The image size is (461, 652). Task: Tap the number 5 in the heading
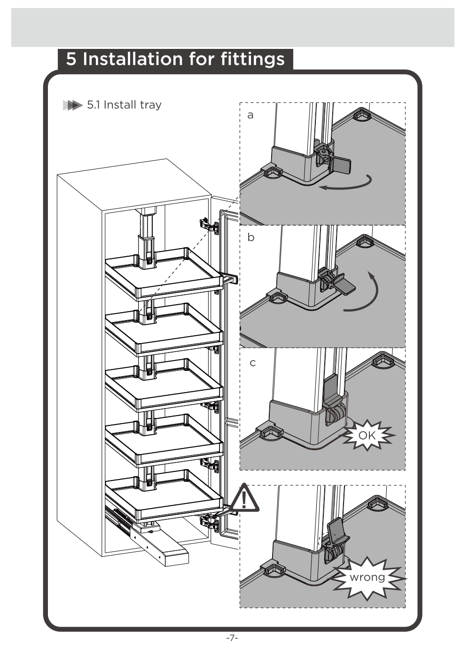click(71, 59)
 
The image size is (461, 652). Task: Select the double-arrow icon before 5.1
click(72, 105)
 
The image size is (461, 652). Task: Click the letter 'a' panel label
click(250, 115)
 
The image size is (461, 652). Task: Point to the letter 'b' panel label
click(251, 237)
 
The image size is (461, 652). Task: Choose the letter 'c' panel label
click(252, 363)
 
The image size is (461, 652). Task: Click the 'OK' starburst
click(367, 435)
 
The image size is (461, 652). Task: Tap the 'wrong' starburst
click(367, 577)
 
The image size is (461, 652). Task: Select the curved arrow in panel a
click(345, 184)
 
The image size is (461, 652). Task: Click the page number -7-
click(232, 638)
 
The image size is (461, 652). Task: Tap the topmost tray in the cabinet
click(162, 273)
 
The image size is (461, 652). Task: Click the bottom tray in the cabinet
click(162, 496)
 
